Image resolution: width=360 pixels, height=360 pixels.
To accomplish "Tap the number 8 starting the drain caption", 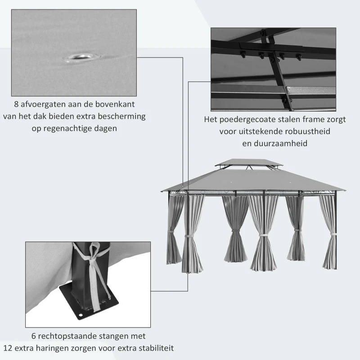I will coord(17,104).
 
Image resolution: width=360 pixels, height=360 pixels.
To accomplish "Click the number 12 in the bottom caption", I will coord(8,348).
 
